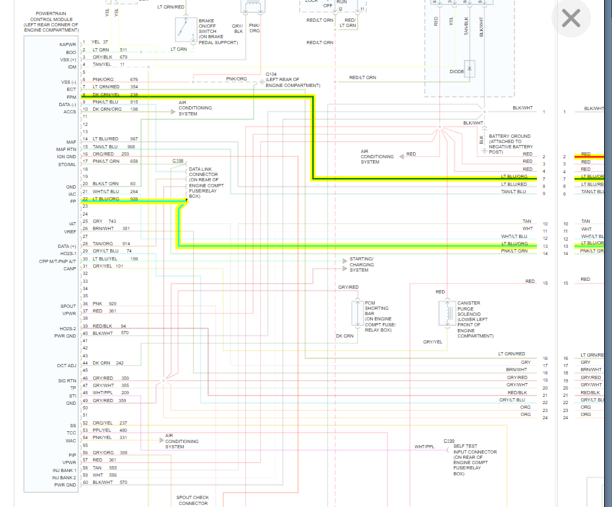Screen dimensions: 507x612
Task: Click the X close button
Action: pos(570,18)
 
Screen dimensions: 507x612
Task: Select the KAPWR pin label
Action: pos(68,44)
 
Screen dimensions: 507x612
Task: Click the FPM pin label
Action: pos(72,96)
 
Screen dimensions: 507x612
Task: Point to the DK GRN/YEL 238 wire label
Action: pos(115,94)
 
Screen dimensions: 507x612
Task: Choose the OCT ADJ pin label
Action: pos(67,365)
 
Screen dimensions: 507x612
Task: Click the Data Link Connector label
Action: pos(206,183)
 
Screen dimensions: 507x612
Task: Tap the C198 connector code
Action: pos(178,160)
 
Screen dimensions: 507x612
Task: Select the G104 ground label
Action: pos(271,74)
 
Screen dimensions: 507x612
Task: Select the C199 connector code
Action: pos(449,440)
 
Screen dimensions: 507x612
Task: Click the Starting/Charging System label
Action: pos(362,264)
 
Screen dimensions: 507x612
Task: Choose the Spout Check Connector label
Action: pos(193,500)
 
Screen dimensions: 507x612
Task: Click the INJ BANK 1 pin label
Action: pos(65,470)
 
